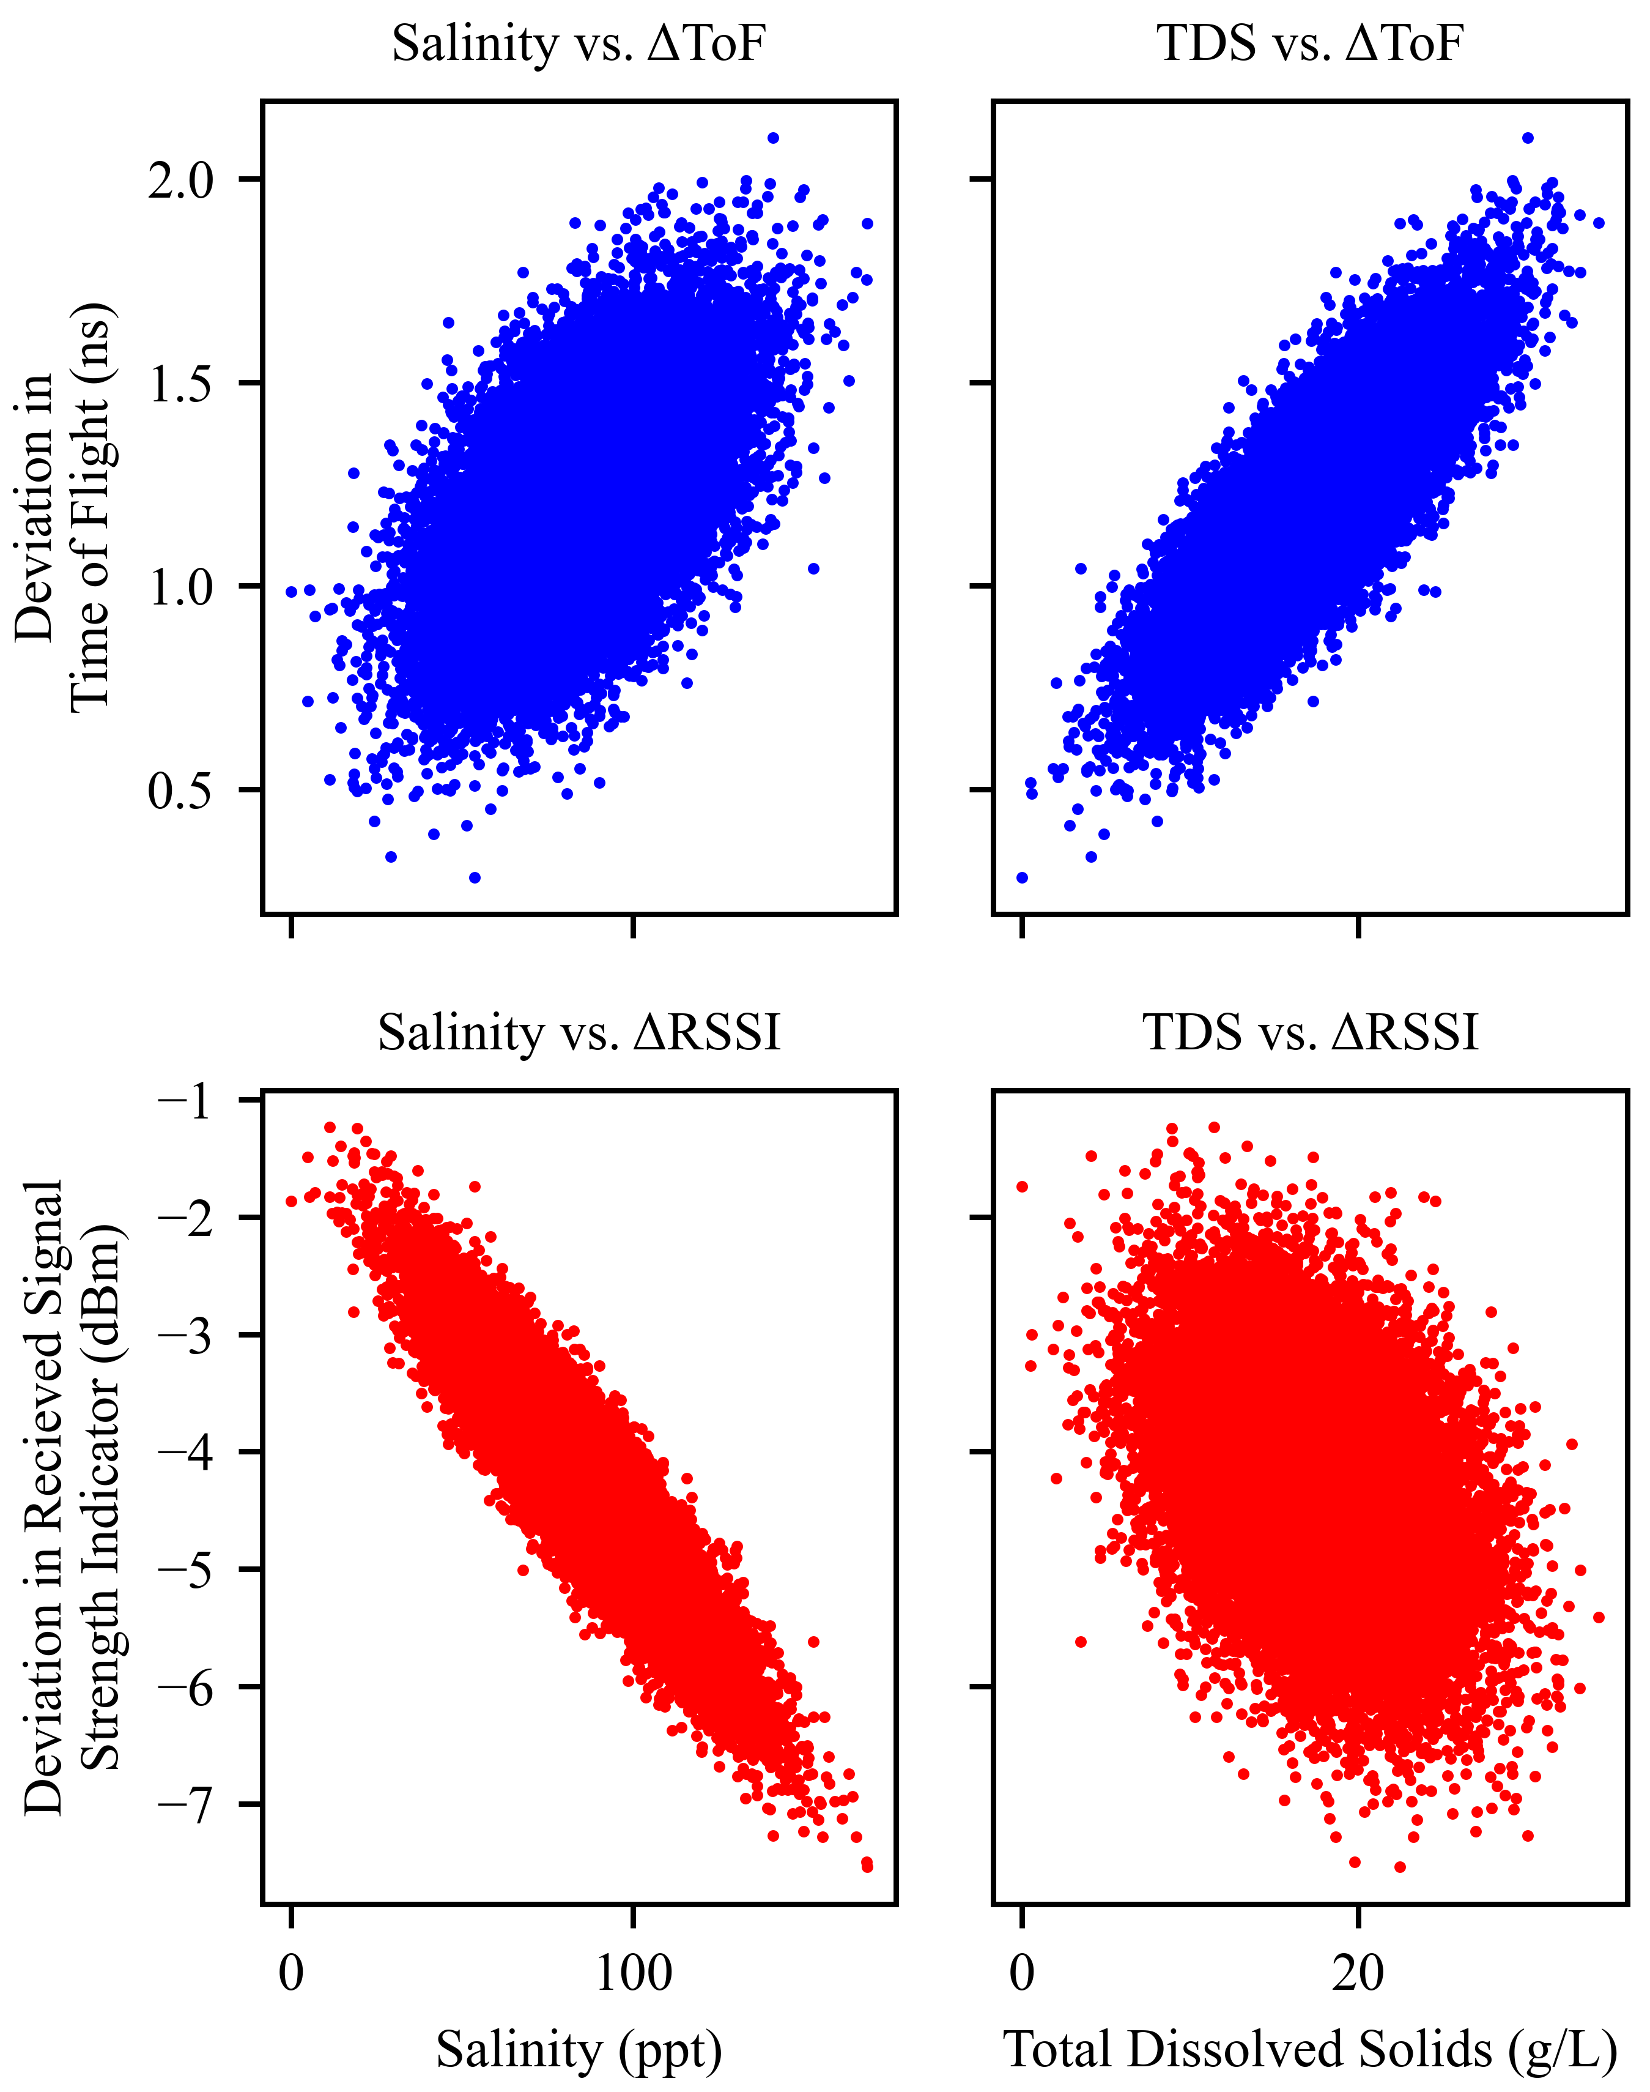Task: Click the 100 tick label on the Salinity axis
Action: tap(633, 1973)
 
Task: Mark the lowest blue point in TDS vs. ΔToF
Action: tap(1022, 877)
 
